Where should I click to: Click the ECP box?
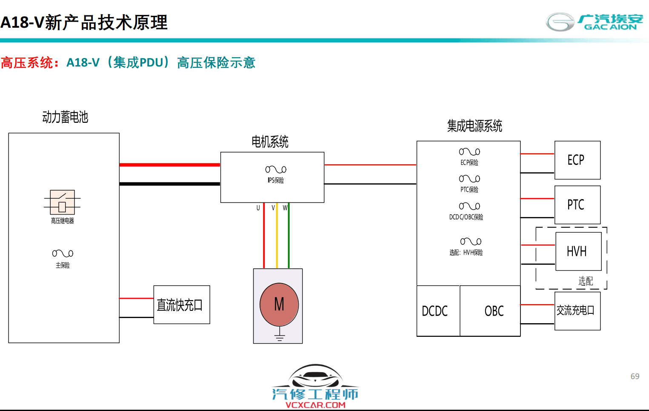coord(577,160)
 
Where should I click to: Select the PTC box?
coord(577,205)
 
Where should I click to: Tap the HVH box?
coord(578,251)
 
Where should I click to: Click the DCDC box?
coord(437,311)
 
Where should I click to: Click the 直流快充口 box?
coord(181,304)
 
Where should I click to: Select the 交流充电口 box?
coord(577,311)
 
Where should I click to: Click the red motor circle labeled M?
coord(279,304)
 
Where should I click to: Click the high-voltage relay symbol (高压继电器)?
coord(62,202)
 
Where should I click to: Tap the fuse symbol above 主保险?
coord(63,253)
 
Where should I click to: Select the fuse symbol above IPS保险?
coord(276,169)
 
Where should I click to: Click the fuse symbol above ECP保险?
coord(469,152)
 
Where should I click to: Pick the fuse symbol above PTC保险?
coord(469,179)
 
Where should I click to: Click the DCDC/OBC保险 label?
coord(466,217)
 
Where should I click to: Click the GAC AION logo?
coord(594,22)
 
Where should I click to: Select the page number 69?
coord(635,376)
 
